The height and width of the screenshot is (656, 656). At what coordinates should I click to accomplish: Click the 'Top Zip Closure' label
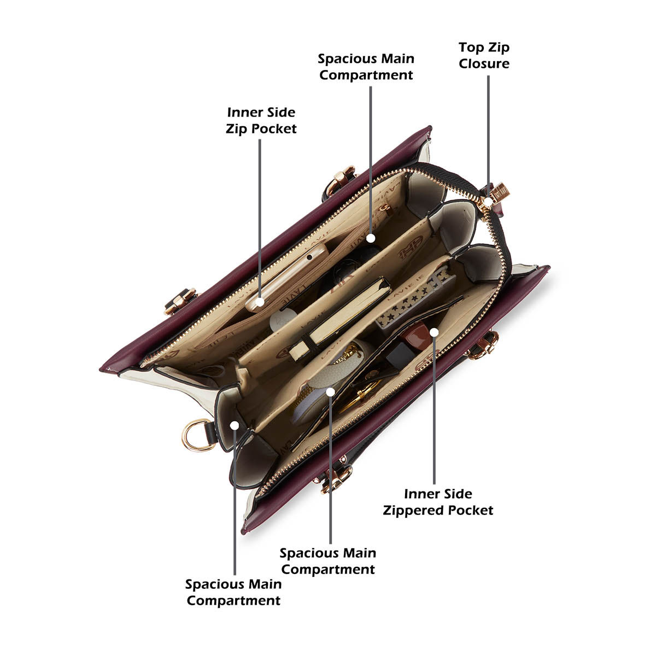tap(484, 56)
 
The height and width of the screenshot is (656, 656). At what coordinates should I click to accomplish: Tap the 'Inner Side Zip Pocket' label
tap(261, 120)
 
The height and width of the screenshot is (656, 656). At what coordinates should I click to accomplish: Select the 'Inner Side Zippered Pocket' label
tap(438, 502)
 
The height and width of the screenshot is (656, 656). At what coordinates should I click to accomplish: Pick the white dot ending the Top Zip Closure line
tap(488, 202)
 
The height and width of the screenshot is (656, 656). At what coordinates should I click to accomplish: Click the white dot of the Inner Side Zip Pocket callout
tap(260, 302)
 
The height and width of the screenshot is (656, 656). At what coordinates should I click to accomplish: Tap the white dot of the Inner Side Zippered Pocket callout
tap(434, 332)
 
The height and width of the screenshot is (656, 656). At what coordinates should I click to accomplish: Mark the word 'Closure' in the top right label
tap(484, 63)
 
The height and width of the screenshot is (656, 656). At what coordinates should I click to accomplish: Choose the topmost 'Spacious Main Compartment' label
tap(366, 67)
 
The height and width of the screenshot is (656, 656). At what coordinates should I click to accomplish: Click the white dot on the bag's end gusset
tap(235, 425)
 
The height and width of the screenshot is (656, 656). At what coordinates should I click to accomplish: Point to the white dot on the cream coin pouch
tap(330, 392)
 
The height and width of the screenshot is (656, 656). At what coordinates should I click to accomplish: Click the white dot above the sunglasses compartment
tap(371, 238)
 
